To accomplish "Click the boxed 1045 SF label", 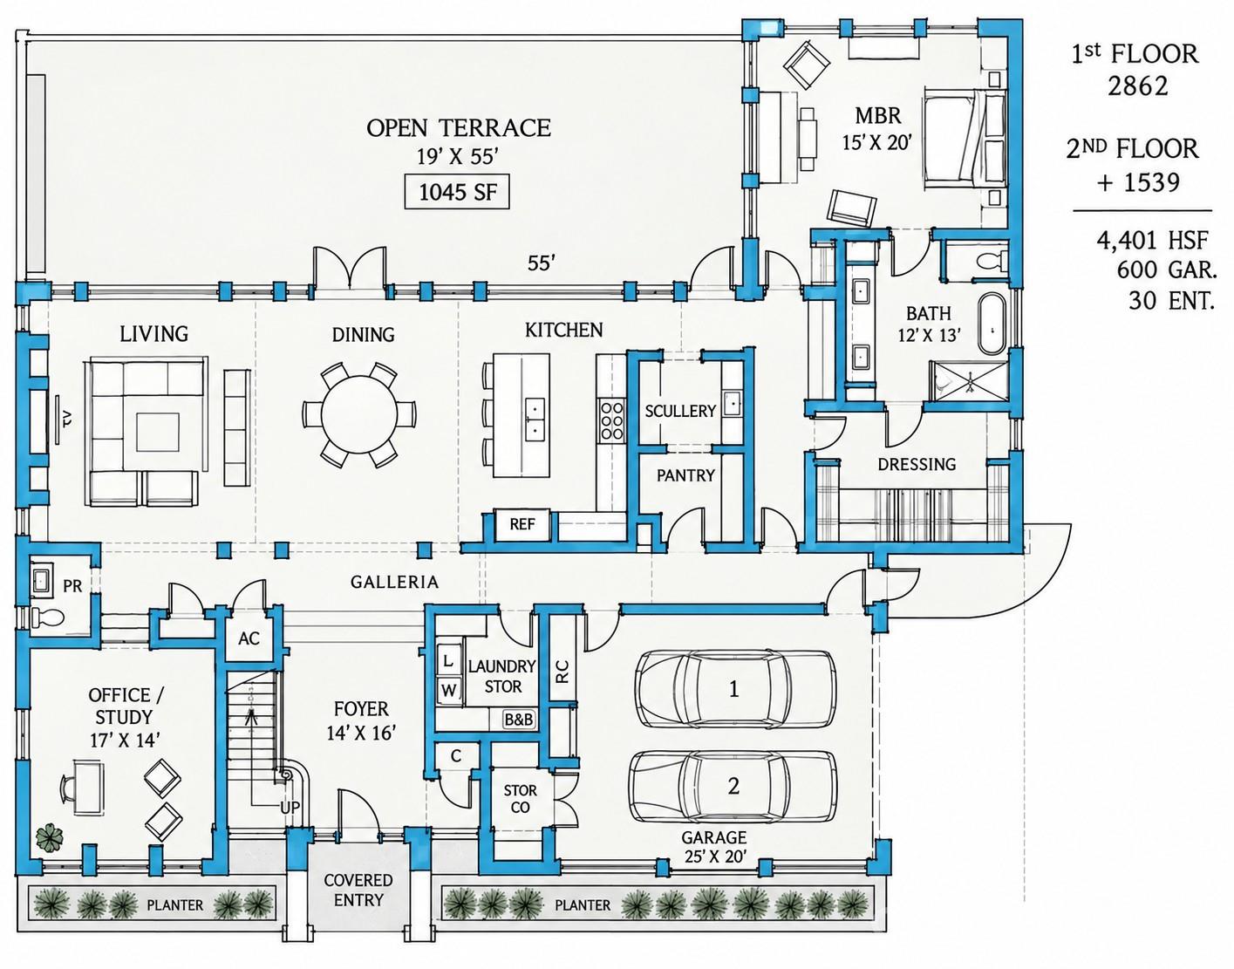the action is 457,193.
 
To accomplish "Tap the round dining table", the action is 359,413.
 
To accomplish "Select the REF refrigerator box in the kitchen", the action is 522,524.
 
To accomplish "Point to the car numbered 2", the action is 733,786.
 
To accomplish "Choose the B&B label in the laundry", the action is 519,720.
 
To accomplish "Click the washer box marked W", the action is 448,690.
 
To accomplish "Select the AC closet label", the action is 249,638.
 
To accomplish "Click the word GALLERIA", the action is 394,582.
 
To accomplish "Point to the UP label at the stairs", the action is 290,808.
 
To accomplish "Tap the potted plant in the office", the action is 50,836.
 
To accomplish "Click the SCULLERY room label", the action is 680,411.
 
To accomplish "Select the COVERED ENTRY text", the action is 358,891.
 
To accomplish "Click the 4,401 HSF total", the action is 1152,241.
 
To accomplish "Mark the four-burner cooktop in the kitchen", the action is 611,420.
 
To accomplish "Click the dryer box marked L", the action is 448,661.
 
